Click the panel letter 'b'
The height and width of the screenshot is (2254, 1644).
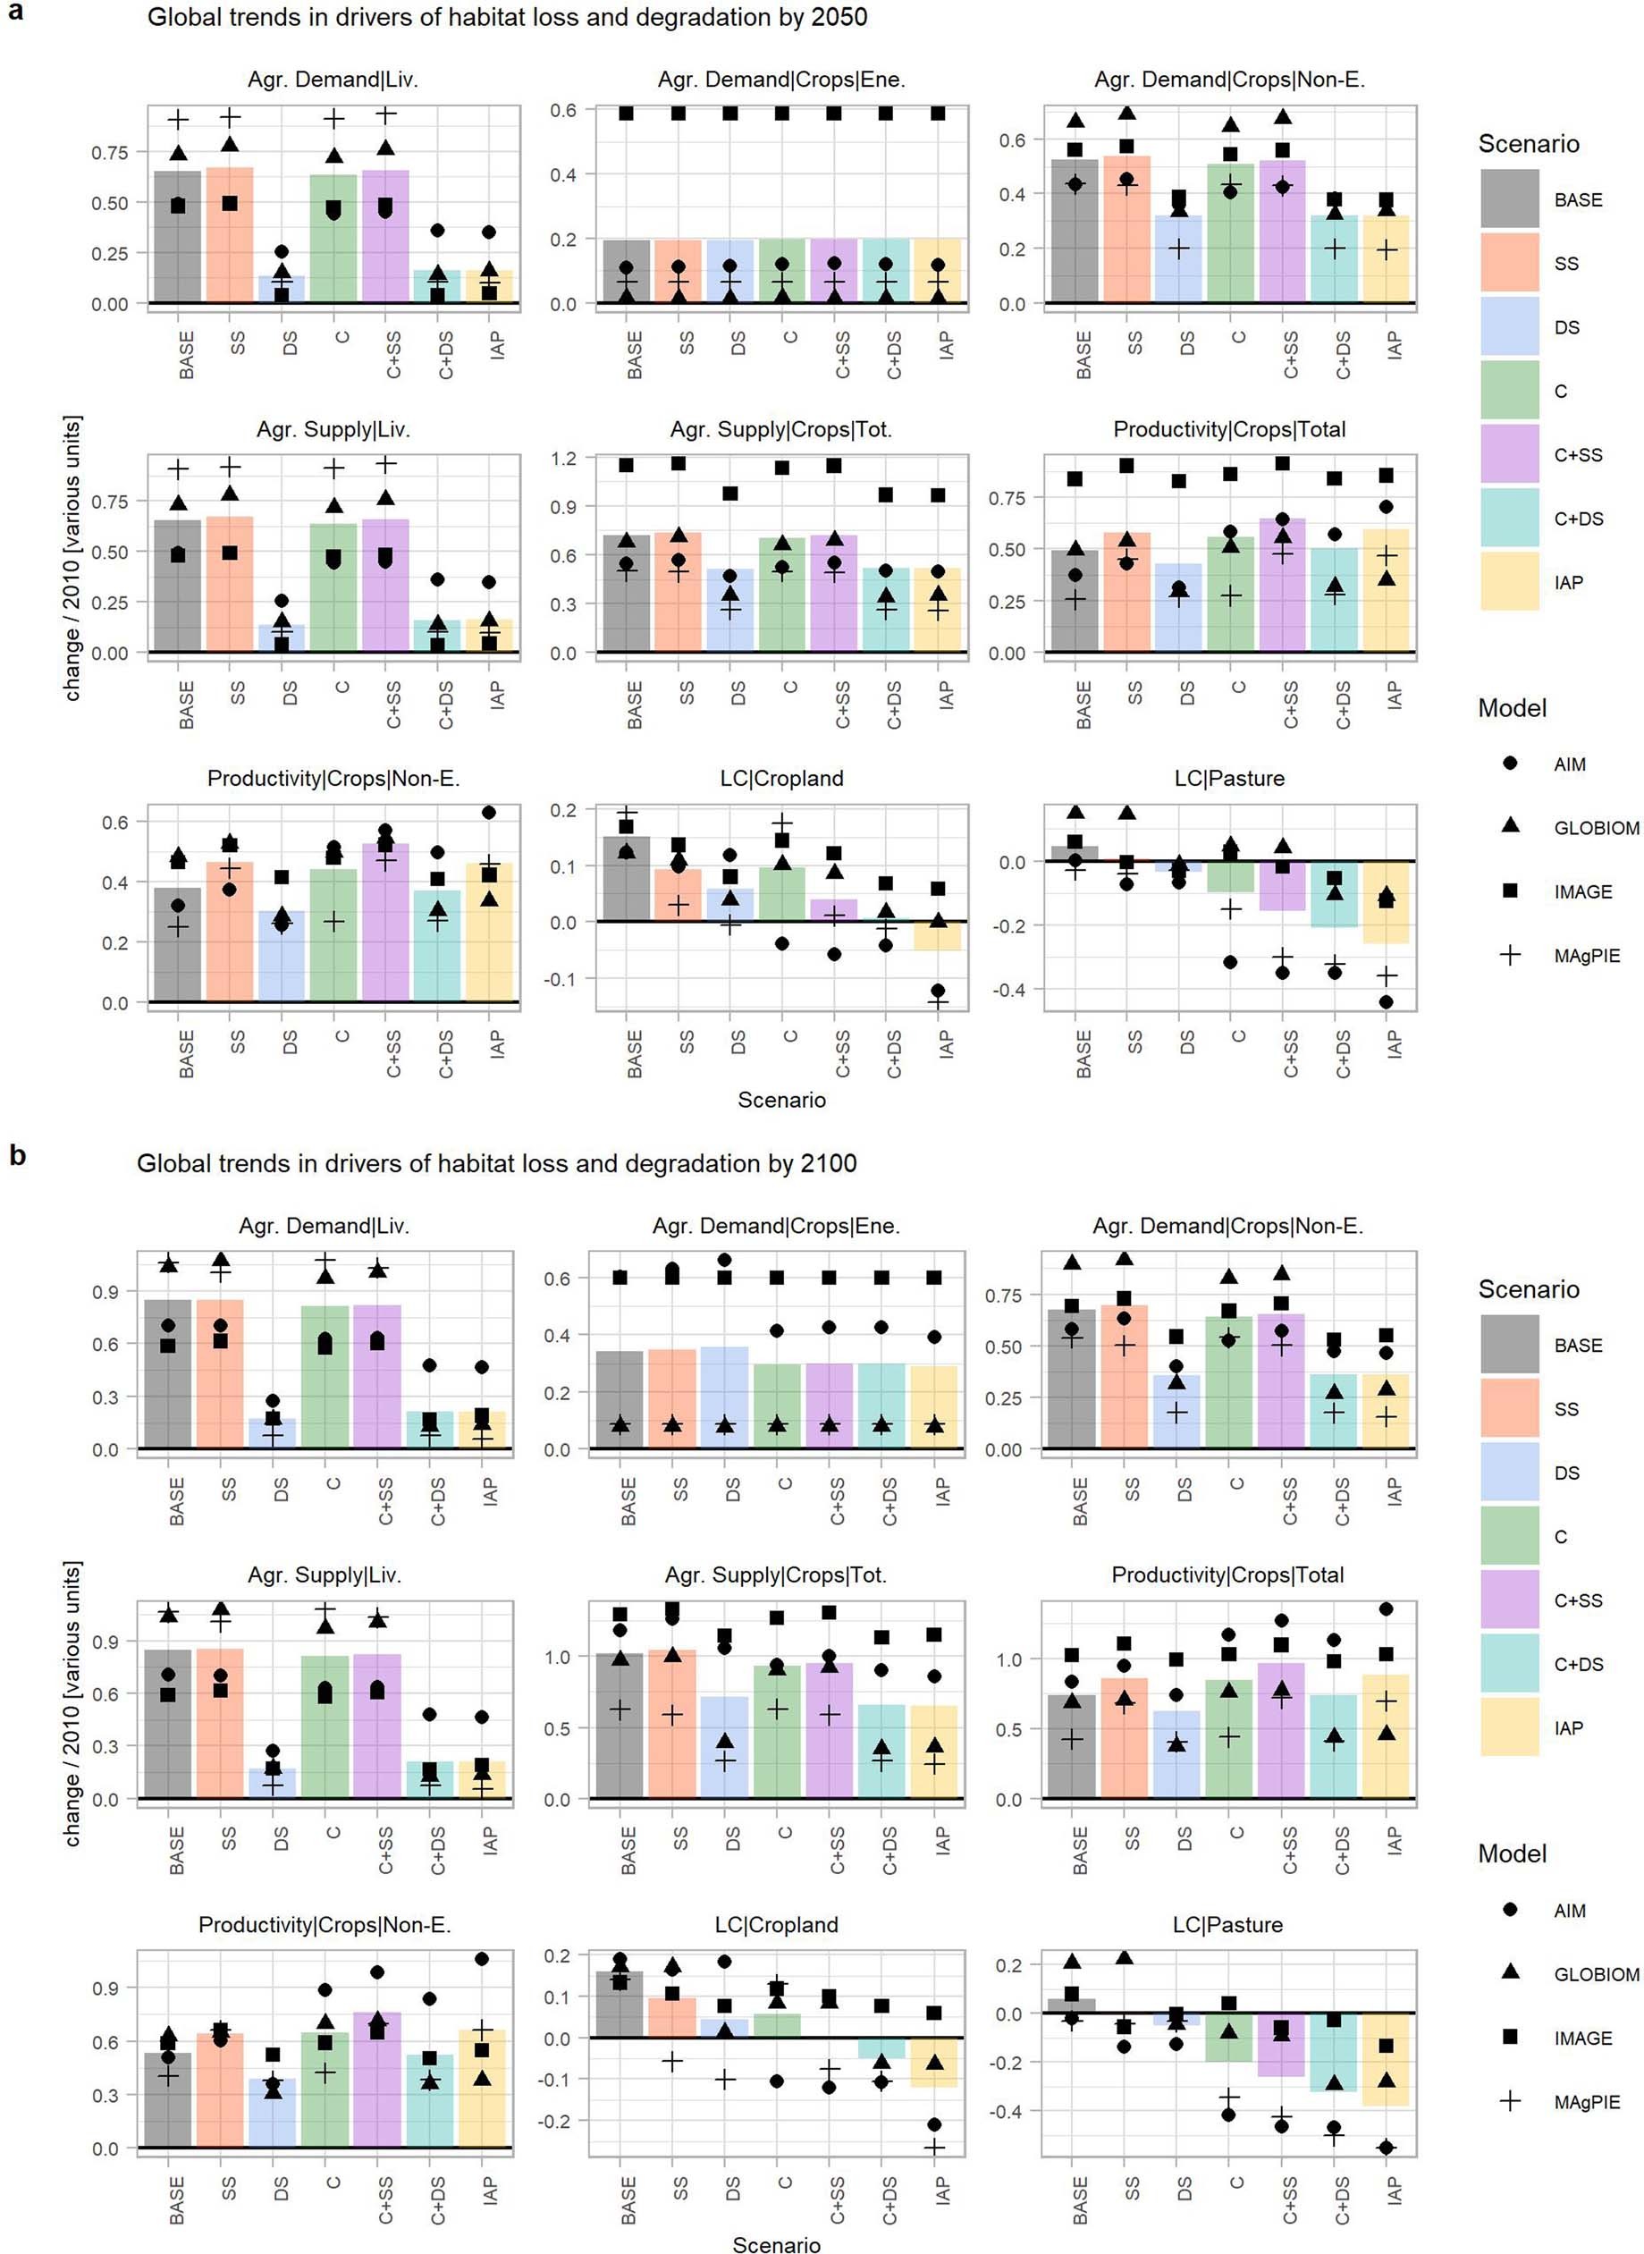tap(17, 1155)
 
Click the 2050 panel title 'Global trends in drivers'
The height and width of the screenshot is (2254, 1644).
tap(507, 17)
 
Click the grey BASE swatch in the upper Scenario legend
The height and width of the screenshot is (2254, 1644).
tap(1509, 199)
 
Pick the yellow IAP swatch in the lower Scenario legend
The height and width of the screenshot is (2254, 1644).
tap(1509, 1727)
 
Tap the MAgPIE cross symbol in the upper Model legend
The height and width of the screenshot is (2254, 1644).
tap(1510, 956)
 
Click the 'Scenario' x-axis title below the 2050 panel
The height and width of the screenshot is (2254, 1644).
tap(780, 1100)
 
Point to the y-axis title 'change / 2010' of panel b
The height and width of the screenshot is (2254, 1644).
tap(72, 1703)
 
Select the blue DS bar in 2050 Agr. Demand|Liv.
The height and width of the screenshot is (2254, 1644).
tap(282, 289)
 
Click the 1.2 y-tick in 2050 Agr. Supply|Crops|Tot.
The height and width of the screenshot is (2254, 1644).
tap(563, 459)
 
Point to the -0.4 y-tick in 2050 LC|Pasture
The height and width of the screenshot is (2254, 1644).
tap(1011, 989)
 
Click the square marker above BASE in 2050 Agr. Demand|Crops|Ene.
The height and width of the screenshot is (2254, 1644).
tap(626, 114)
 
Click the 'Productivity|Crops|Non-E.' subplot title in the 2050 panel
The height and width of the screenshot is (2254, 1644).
tap(333, 778)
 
